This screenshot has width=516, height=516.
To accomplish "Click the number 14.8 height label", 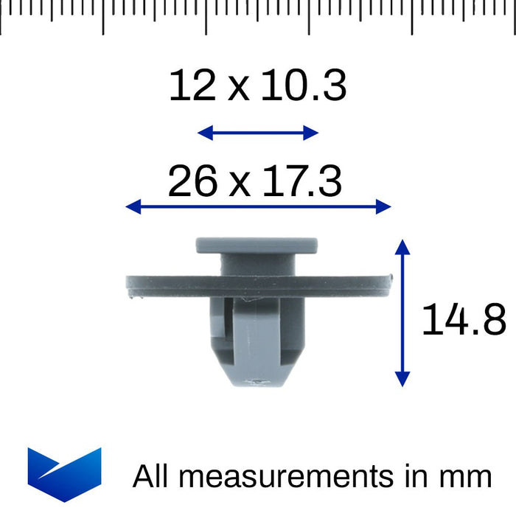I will [464, 320].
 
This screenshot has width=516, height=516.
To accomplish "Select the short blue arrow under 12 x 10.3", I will [258, 133].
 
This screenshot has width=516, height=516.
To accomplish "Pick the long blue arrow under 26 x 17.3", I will [258, 207].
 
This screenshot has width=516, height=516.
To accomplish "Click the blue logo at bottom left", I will [64, 473].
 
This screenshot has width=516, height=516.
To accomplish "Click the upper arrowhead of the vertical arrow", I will [402, 245].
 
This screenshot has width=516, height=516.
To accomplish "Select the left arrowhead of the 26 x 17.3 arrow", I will [132, 207].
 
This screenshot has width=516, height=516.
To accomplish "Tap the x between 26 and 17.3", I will [238, 184].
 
